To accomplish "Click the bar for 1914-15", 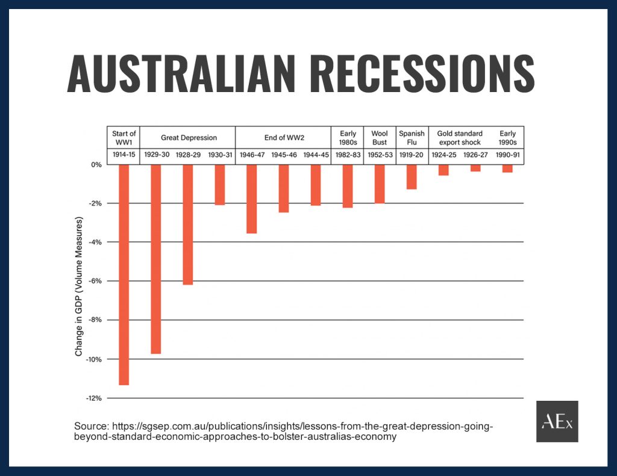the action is (x=124, y=275).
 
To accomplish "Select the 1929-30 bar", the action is (x=156, y=259).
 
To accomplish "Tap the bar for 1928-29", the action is (x=188, y=224).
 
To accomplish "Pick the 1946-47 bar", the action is (x=252, y=199).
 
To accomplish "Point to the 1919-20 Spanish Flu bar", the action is (x=412, y=177).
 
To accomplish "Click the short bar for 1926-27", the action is (x=475, y=168).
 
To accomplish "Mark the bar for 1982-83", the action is (x=348, y=186).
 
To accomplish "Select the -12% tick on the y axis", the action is (x=94, y=398).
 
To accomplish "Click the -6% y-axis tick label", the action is (x=95, y=281).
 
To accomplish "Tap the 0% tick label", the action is (x=96, y=165).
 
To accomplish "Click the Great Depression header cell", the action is (x=189, y=138).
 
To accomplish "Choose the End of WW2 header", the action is (x=284, y=138).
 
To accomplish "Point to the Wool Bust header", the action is (x=380, y=138).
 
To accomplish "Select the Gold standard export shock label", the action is (x=460, y=138).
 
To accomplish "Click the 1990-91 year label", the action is (x=507, y=155).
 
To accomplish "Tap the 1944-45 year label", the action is (x=316, y=155).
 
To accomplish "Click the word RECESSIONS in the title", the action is (x=422, y=73).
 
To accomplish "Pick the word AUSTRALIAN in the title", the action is (x=181, y=73).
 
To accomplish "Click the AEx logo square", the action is (x=557, y=421).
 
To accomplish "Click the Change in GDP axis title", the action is (x=79, y=286).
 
